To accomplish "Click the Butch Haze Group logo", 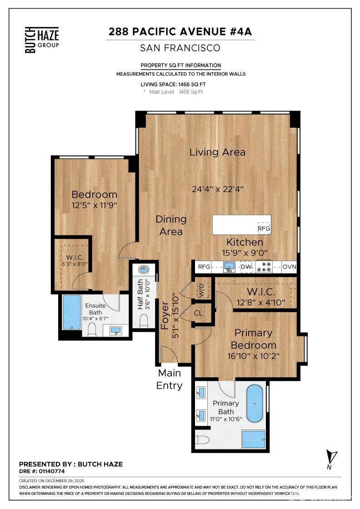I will coord(41,40).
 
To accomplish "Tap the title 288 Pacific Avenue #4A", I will coord(180,32).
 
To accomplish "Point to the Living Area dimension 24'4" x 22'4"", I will coord(217,189).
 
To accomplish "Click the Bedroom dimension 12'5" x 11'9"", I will coord(95,205).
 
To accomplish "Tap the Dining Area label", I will coord(171,225).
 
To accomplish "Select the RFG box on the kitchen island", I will coord(264,229).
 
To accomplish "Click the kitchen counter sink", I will coord(229,266).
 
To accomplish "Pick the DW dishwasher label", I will coord(246,267).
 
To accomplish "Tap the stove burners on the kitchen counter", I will coord(264,266).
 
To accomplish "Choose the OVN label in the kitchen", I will coord(289,267).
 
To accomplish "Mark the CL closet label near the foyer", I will coord(198,313).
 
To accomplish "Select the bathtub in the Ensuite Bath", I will coord(71,311).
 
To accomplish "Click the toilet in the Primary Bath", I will coord(202,439).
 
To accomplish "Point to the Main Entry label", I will coord(169,379).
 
